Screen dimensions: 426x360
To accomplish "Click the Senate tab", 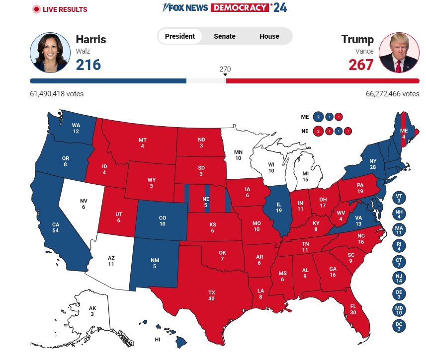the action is [225, 36].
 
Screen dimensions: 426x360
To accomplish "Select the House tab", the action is [269, 36].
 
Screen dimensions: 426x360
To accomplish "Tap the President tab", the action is [180, 36].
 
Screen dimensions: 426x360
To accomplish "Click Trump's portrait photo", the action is [399, 53].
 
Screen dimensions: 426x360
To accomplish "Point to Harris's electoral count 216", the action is [88, 65].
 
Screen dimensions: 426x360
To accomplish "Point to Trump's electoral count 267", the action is [361, 65].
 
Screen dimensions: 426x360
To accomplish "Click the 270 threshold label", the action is [225, 69].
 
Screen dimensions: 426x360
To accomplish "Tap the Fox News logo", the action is [186, 8].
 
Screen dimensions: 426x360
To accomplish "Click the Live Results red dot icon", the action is [36, 9].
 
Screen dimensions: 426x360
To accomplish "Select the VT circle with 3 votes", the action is [399, 198].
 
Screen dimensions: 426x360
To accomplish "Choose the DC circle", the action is [399, 326].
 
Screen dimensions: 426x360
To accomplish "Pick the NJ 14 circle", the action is [399, 278].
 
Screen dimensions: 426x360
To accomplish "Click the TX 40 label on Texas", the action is [212, 295].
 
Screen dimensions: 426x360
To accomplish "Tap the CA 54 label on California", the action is [56, 227].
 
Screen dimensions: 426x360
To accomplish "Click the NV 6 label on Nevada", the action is [84, 204].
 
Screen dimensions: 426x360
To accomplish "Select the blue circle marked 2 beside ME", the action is [319, 117].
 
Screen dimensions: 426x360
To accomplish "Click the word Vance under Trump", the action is [364, 51].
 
